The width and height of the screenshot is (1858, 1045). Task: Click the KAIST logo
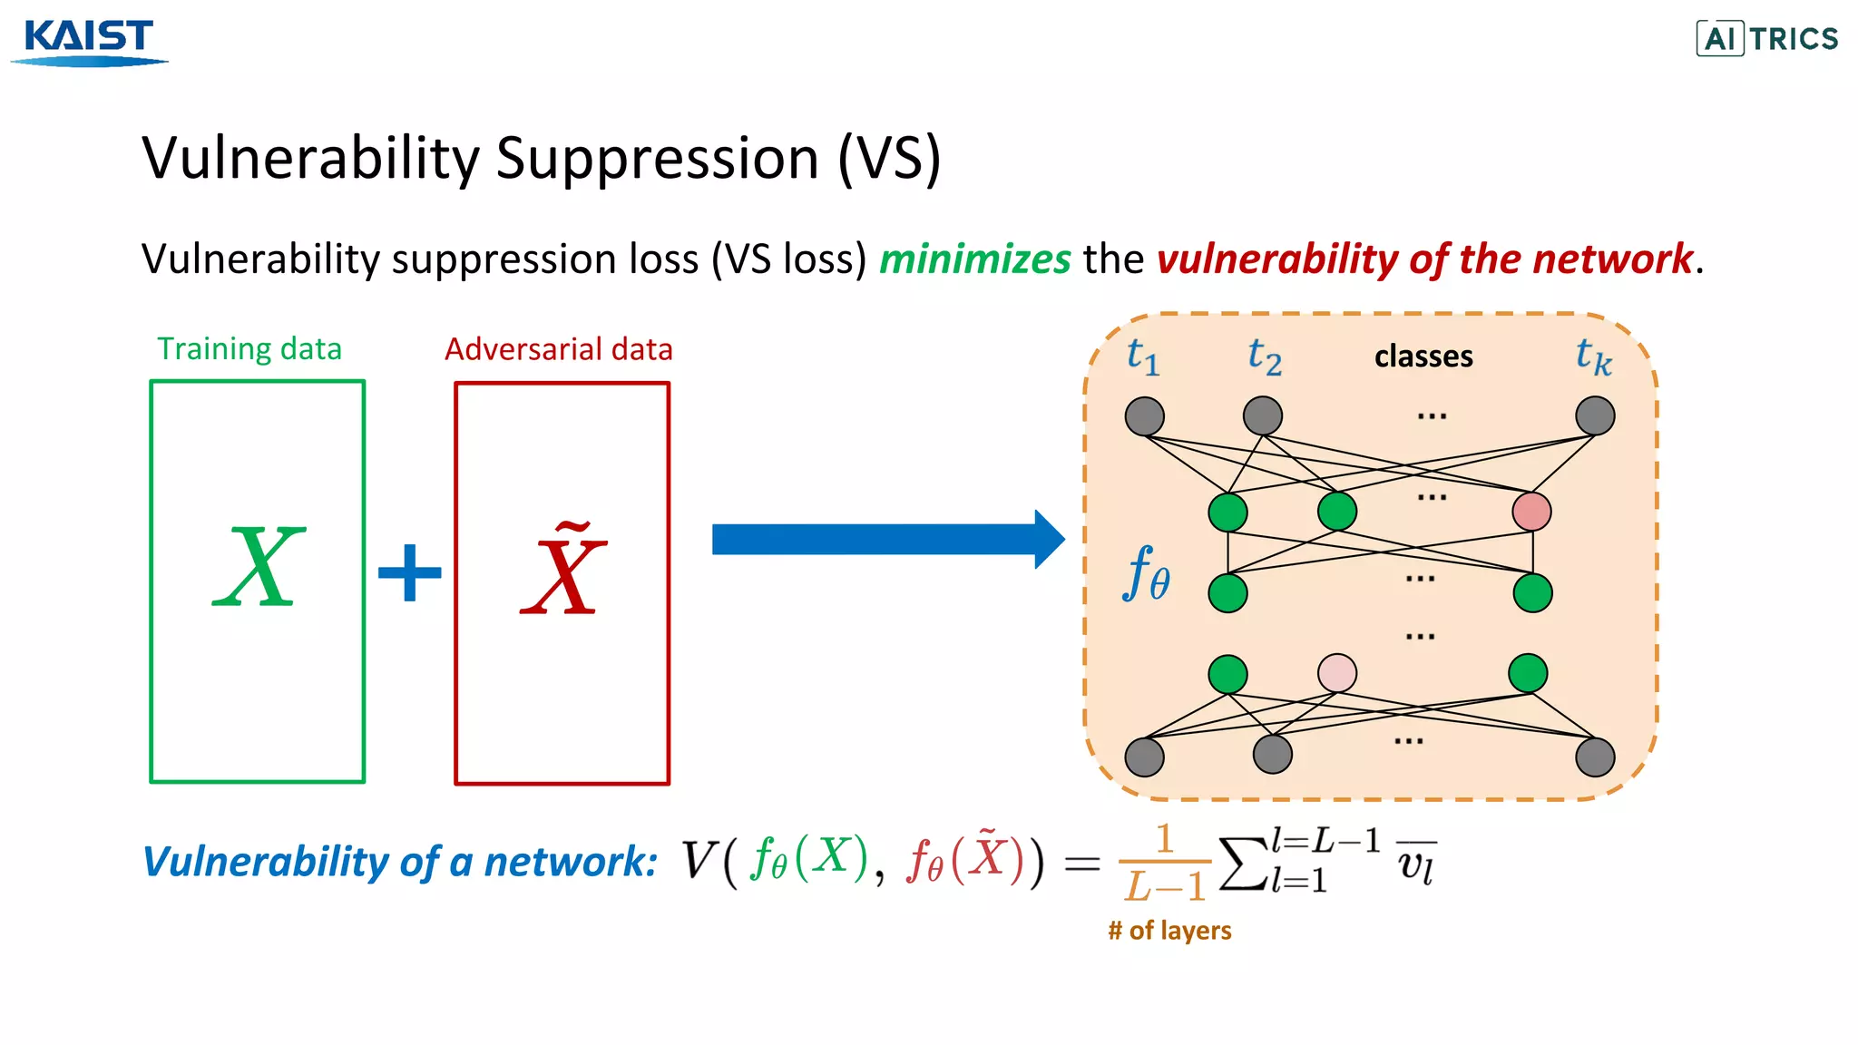pos(89,41)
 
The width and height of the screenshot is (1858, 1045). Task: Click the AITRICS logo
pos(1767,38)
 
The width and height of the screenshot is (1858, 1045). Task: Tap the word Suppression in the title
pos(657,158)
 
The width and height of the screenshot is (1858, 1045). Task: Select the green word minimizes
pos(975,259)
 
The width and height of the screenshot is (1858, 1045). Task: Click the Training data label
pos(249,349)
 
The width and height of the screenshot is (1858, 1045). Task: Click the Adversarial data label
pos(559,349)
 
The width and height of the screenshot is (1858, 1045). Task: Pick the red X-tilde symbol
pos(562,571)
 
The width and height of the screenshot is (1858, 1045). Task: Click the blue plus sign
pos(410,572)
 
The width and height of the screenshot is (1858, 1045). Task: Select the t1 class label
pos(1142,356)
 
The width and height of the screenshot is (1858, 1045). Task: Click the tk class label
pos(1593,356)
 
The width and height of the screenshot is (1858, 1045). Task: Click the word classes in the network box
pos(1423,356)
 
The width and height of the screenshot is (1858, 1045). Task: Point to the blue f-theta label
pos(1147,574)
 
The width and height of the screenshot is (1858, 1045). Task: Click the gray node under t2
pos(1263,416)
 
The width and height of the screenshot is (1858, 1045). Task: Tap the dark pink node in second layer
pos(1531,512)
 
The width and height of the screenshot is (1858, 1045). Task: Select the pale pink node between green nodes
pos(1337,673)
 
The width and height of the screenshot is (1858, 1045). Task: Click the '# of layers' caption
pos(1169,931)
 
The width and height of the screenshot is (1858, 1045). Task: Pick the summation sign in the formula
pos(1243,864)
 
